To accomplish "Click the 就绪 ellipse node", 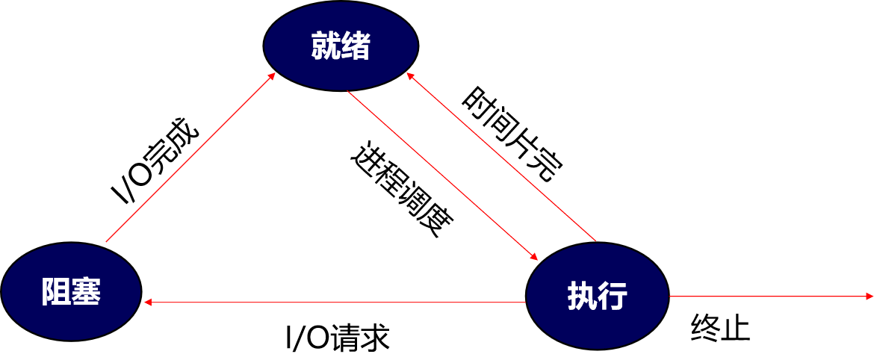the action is tap(341, 46).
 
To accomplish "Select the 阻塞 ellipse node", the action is tap(71, 291).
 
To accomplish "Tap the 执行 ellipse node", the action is tap(597, 296).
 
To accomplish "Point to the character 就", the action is tap(326, 47).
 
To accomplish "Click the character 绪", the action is tap(356, 47).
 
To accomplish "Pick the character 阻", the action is tap(56, 291).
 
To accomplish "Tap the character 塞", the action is tap(86, 291).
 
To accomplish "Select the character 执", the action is tap(582, 297).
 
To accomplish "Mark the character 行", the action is tap(613, 297).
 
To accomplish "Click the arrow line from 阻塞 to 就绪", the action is tap(190, 158).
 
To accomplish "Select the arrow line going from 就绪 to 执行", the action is tap(441, 175).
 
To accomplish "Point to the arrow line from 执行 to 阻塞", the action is tap(336, 302).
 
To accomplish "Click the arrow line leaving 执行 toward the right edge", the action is tap(769, 297).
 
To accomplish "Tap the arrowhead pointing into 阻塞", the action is tap(148, 302).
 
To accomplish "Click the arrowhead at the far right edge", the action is tap(869, 297).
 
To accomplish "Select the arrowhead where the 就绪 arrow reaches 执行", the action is tap(533, 257).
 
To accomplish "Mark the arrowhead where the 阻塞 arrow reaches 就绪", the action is tap(272, 75).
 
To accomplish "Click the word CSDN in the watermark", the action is tap(750, 346).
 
